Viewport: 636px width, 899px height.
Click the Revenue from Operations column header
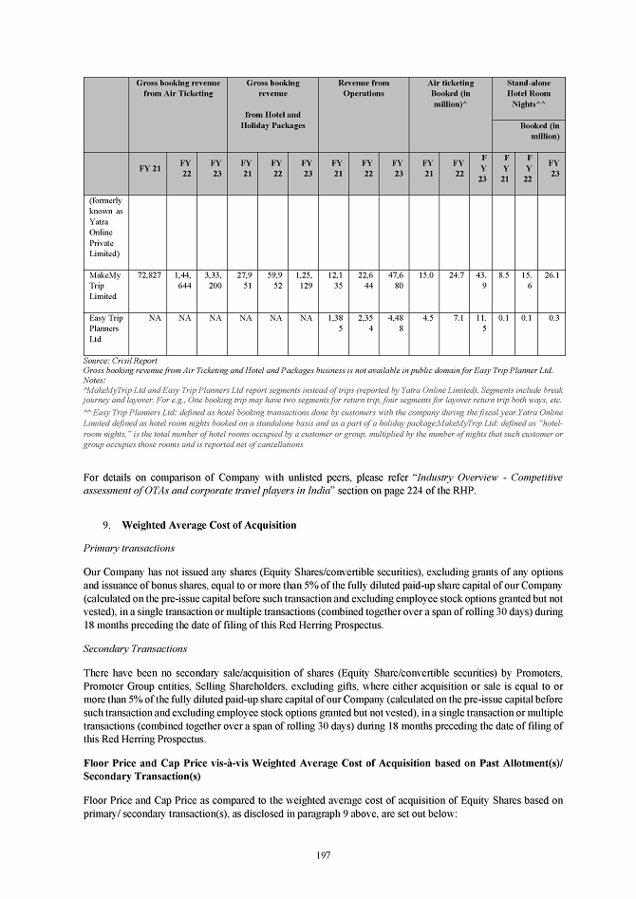point(364,88)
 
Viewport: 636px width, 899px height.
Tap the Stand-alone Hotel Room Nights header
point(529,94)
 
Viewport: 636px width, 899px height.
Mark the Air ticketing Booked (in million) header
point(451,94)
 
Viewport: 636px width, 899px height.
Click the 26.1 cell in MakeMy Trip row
point(553,275)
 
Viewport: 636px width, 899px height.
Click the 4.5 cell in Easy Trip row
point(427,318)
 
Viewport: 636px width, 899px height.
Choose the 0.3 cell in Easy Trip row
point(553,318)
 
